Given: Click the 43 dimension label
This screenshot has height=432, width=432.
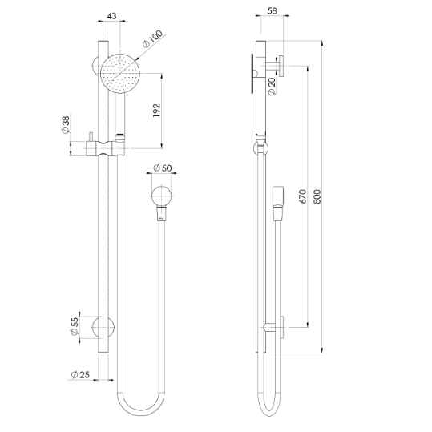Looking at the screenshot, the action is [x=111, y=16].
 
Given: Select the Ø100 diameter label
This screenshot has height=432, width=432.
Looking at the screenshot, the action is [x=152, y=40].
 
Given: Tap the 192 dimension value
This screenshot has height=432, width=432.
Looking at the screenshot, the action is [x=156, y=111].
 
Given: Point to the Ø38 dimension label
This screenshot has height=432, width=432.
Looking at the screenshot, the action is [x=66, y=125].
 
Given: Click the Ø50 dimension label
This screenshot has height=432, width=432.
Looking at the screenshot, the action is [x=162, y=168].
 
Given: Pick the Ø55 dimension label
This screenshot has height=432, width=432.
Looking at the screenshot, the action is [x=75, y=326].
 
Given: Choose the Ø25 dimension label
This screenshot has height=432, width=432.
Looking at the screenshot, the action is [x=80, y=375].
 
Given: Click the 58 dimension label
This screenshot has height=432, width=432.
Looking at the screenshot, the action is [x=272, y=10].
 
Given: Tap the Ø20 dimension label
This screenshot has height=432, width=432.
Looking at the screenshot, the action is [x=272, y=86].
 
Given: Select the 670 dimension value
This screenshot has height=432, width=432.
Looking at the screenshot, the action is [x=302, y=196].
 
